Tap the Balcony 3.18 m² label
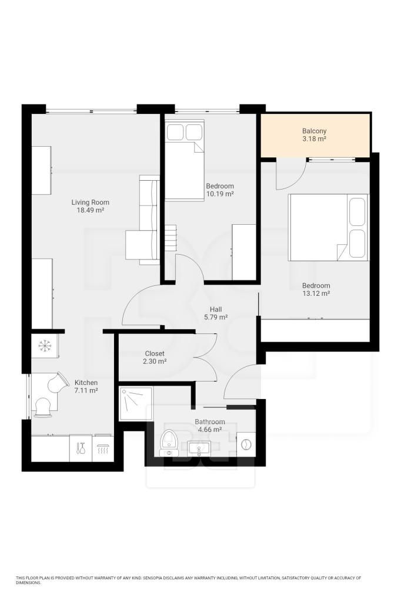coord(314,135)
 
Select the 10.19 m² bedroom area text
coord(220,194)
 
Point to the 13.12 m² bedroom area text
coord(316,293)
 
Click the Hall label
coord(216,309)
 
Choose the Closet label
coord(155,353)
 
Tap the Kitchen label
coord(86,383)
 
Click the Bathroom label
coord(210,422)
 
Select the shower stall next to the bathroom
coord(136,404)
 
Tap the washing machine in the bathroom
coord(246,445)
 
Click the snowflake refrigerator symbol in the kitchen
coord(45,345)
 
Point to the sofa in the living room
coord(142,220)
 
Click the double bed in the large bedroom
coord(329,227)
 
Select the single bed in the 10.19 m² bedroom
coord(185,160)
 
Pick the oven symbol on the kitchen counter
coord(102,448)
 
